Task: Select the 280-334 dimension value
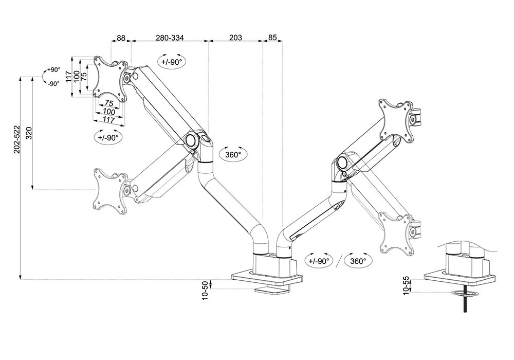pos(170,38)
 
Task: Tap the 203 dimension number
pos(235,38)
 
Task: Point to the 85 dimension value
pos(272,38)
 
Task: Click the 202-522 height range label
pos(17,139)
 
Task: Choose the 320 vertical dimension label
pos(29,133)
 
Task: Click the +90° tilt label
pos(53,70)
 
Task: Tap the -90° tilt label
pos(53,83)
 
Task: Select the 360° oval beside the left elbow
pos(233,154)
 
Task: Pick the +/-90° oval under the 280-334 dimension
pos(172,61)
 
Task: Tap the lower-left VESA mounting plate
pos(109,190)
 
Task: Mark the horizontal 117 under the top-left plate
pos(108,119)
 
